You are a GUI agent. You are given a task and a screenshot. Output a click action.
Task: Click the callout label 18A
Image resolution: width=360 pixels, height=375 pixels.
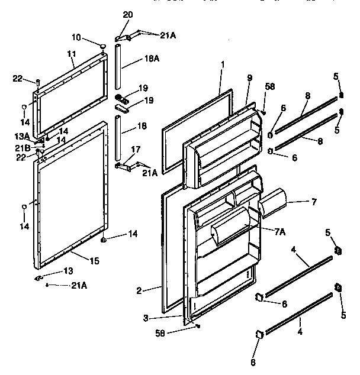tap(152, 59)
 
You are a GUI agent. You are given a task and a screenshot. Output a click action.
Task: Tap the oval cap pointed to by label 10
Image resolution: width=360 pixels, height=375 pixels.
tap(104, 46)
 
